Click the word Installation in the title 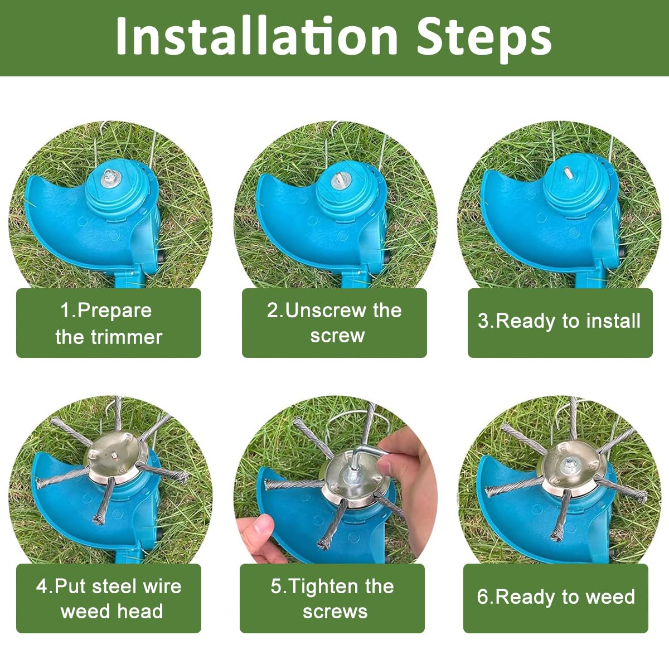[x=256, y=36]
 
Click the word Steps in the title [x=484, y=36]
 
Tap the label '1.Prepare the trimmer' [x=109, y=323]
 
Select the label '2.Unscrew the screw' [x=334, y=323]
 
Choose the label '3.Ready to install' [x=560, y=322]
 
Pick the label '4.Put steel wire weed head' [x=109, y=598]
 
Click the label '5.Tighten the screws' [x=333, y=598]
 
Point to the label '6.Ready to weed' [x=556, y=597]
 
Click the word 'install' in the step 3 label [x=613, y=322]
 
